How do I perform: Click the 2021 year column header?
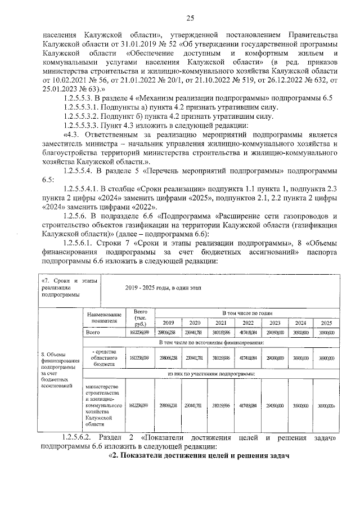tap(221, 323)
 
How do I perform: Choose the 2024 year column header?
tap(300, 323)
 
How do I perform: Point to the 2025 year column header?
tap(326, 323)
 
